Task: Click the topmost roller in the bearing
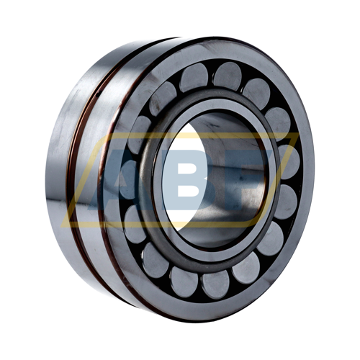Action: pyautogui.click(x=228, y=76)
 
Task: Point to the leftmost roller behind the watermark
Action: pyautogui.click(x=127, y=176)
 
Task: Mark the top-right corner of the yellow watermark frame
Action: pyautogui.click(x=298, y=133)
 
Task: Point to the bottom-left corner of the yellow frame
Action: pyautogui.click(x=62, y=226)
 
